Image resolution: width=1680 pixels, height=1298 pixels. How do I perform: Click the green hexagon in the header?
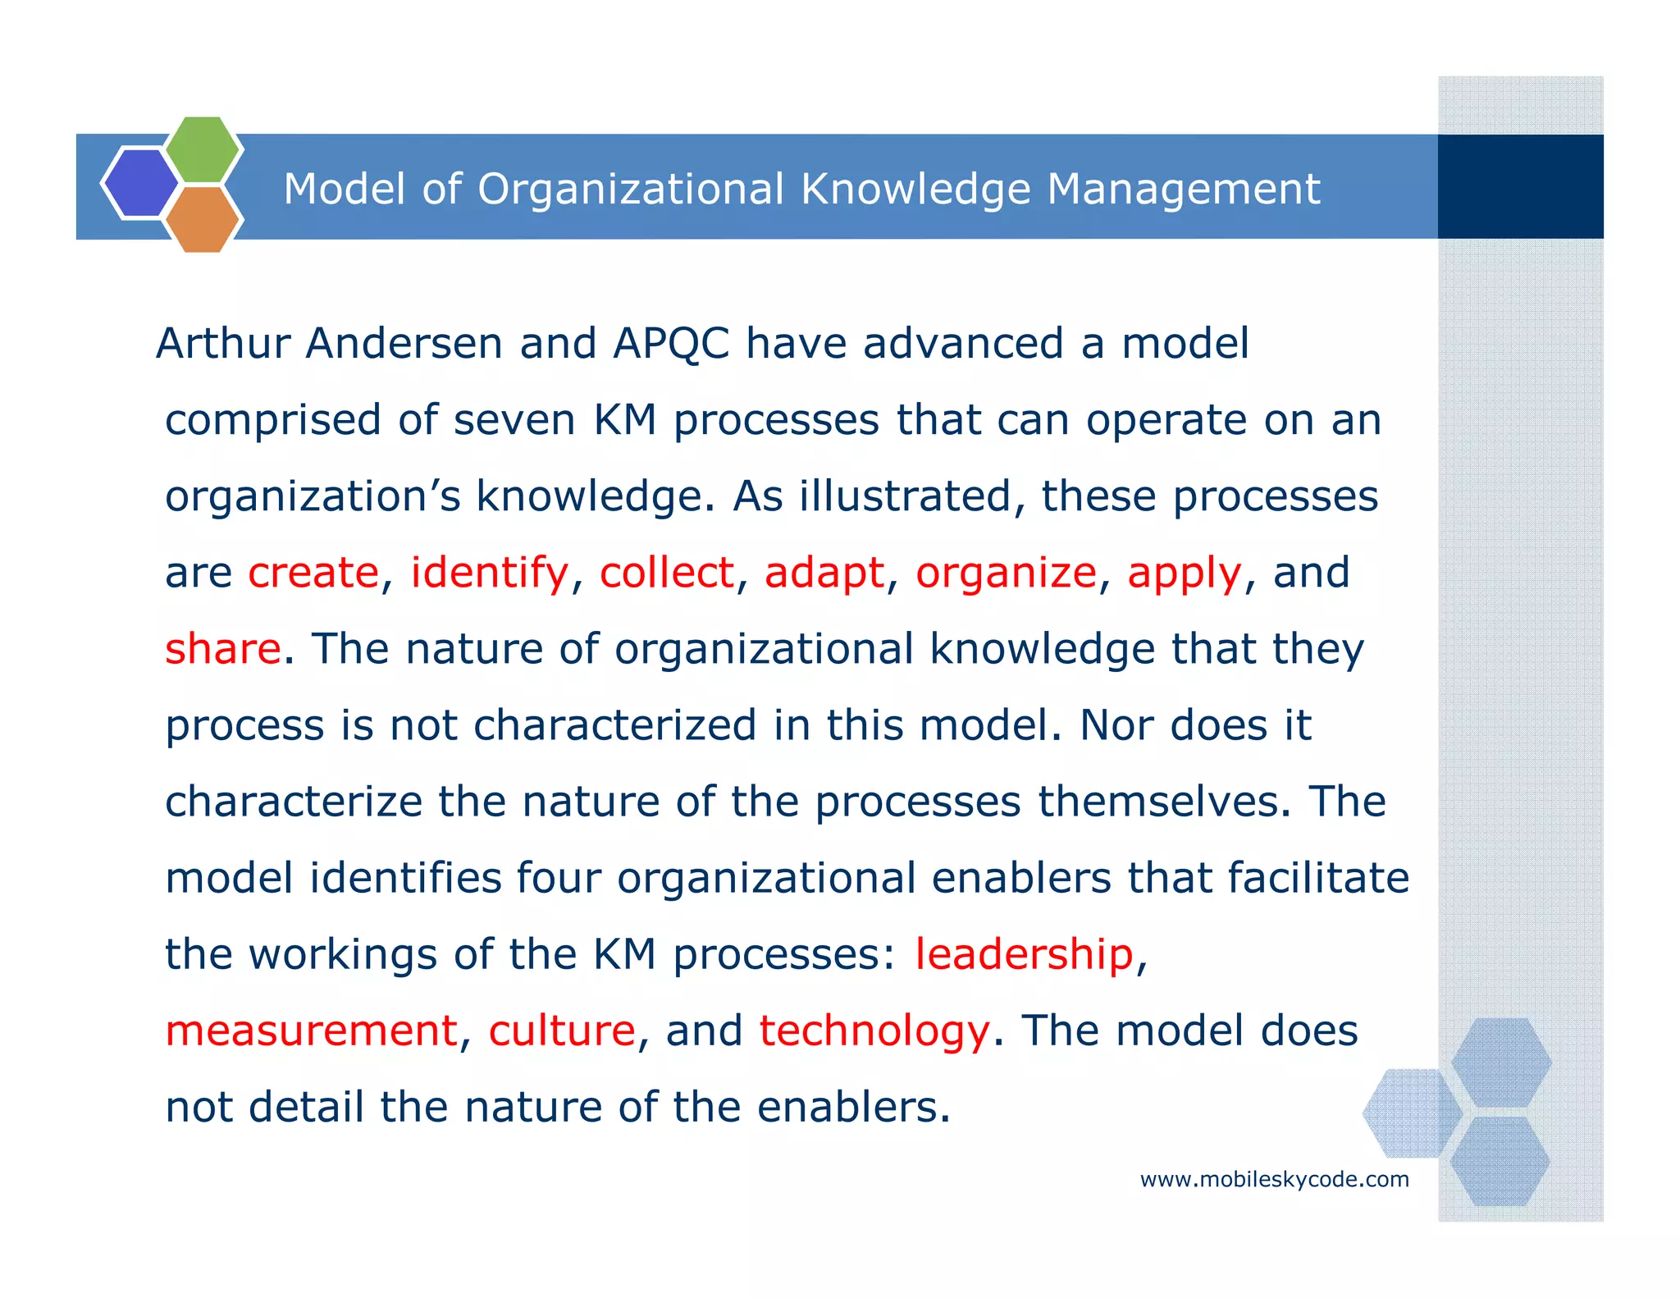203,149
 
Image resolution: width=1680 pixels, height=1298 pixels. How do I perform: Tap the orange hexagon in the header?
203,219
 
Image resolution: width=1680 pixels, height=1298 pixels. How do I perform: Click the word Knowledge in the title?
915,190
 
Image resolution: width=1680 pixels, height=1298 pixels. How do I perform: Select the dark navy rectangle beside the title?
1520,187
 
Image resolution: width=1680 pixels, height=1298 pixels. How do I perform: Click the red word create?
313,573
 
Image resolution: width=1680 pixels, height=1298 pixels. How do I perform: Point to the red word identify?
489,573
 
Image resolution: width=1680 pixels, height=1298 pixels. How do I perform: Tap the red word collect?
666,573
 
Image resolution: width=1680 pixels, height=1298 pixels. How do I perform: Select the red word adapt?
824,573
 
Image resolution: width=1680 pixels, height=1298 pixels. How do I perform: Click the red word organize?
1006,573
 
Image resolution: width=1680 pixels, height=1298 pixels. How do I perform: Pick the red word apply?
1185,573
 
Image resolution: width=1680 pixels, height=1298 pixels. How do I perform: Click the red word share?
223,649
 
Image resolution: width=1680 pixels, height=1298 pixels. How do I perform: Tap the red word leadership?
1024,954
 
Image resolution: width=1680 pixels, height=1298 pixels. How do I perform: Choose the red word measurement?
311,1031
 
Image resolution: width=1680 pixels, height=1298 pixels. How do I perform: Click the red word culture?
562,1031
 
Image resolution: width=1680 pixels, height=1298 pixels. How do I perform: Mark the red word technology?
874,1031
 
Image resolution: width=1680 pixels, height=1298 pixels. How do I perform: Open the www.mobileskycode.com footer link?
1274,1180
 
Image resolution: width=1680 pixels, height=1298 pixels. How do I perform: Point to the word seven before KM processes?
514,420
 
